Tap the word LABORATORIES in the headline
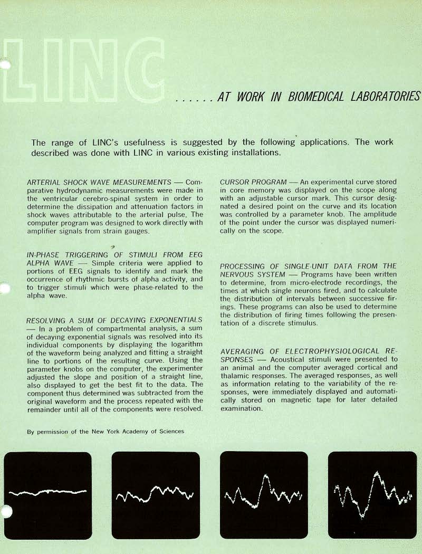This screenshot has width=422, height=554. [388, 97]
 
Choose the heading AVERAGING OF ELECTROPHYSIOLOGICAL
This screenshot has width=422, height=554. [308, 351]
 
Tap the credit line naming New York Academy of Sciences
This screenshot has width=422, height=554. [105, 431]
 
